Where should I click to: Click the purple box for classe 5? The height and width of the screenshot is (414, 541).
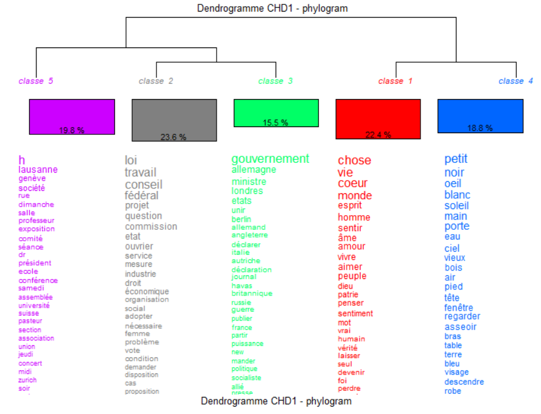click(72, 117)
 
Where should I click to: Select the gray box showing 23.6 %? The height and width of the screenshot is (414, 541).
click(174, 120)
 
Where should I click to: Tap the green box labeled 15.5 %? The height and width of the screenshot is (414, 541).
click(276, 112)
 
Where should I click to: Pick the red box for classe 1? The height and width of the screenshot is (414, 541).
click(378, 119)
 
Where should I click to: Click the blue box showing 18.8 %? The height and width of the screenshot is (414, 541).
click(480, 116)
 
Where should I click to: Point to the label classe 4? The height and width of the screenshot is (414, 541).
click(511, 81)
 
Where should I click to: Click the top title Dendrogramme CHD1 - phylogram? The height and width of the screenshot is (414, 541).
click(273, 9)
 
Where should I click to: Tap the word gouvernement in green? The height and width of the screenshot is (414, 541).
click(270, 159)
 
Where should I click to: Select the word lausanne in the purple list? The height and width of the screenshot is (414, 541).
click(38, 170)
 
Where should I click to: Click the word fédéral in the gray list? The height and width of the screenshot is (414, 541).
click(142, 195)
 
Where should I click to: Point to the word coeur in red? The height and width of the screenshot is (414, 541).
click(353, 183)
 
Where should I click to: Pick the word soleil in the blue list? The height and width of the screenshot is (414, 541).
click(456, 205)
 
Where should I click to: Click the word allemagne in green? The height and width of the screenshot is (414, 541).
click(254, 170)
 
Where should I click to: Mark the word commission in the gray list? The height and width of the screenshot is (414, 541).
click(151, 226)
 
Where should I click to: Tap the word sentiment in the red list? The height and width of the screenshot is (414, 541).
click(355, 314)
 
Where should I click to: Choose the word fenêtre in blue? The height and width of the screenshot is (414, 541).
click(458, 308)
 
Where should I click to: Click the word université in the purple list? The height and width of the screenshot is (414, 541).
click(34, 305)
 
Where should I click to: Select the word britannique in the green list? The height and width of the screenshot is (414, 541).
click(252, 294)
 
